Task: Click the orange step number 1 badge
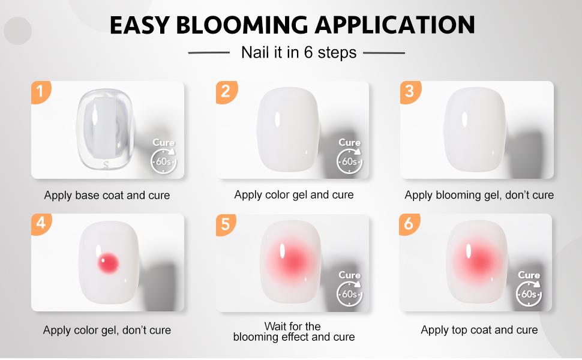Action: tap(40, 92)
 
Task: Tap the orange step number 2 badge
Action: tap(226, 92)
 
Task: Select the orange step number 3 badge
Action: tap(410, 91)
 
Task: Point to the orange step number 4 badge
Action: tap(40, 223)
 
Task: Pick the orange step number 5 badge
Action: tap(226, 224)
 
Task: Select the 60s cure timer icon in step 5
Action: tap(349, 295)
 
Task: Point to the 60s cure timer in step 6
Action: tap(529, 295)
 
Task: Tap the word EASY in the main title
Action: tap(138, 26)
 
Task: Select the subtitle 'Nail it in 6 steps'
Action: tap(298, 53)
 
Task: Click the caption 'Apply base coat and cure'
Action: tap(107, 196)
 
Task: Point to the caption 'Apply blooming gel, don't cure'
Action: tap(479, 195)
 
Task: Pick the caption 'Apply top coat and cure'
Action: tap(479, 330)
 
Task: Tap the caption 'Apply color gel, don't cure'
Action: tap(107, 331)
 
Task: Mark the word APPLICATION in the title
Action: tap(395, 26)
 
